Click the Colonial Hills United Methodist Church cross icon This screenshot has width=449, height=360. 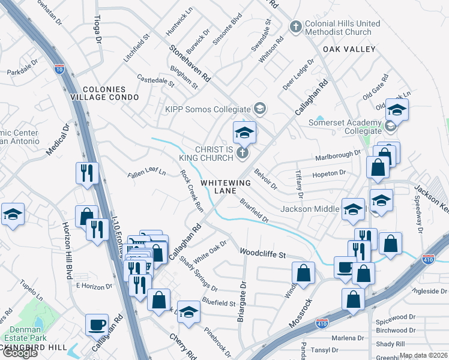coord(295,26)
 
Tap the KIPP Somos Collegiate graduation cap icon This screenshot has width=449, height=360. coord(259,109)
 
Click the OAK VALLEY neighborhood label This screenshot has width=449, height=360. coord(349,49)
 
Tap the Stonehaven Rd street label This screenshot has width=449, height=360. coord(190,64)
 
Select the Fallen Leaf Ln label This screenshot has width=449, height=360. coord(146,173)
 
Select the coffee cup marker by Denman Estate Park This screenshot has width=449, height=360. coord(97,325)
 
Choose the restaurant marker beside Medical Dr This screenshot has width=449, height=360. coord(87,173)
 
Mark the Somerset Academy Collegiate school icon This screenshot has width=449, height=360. coord(390,126)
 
